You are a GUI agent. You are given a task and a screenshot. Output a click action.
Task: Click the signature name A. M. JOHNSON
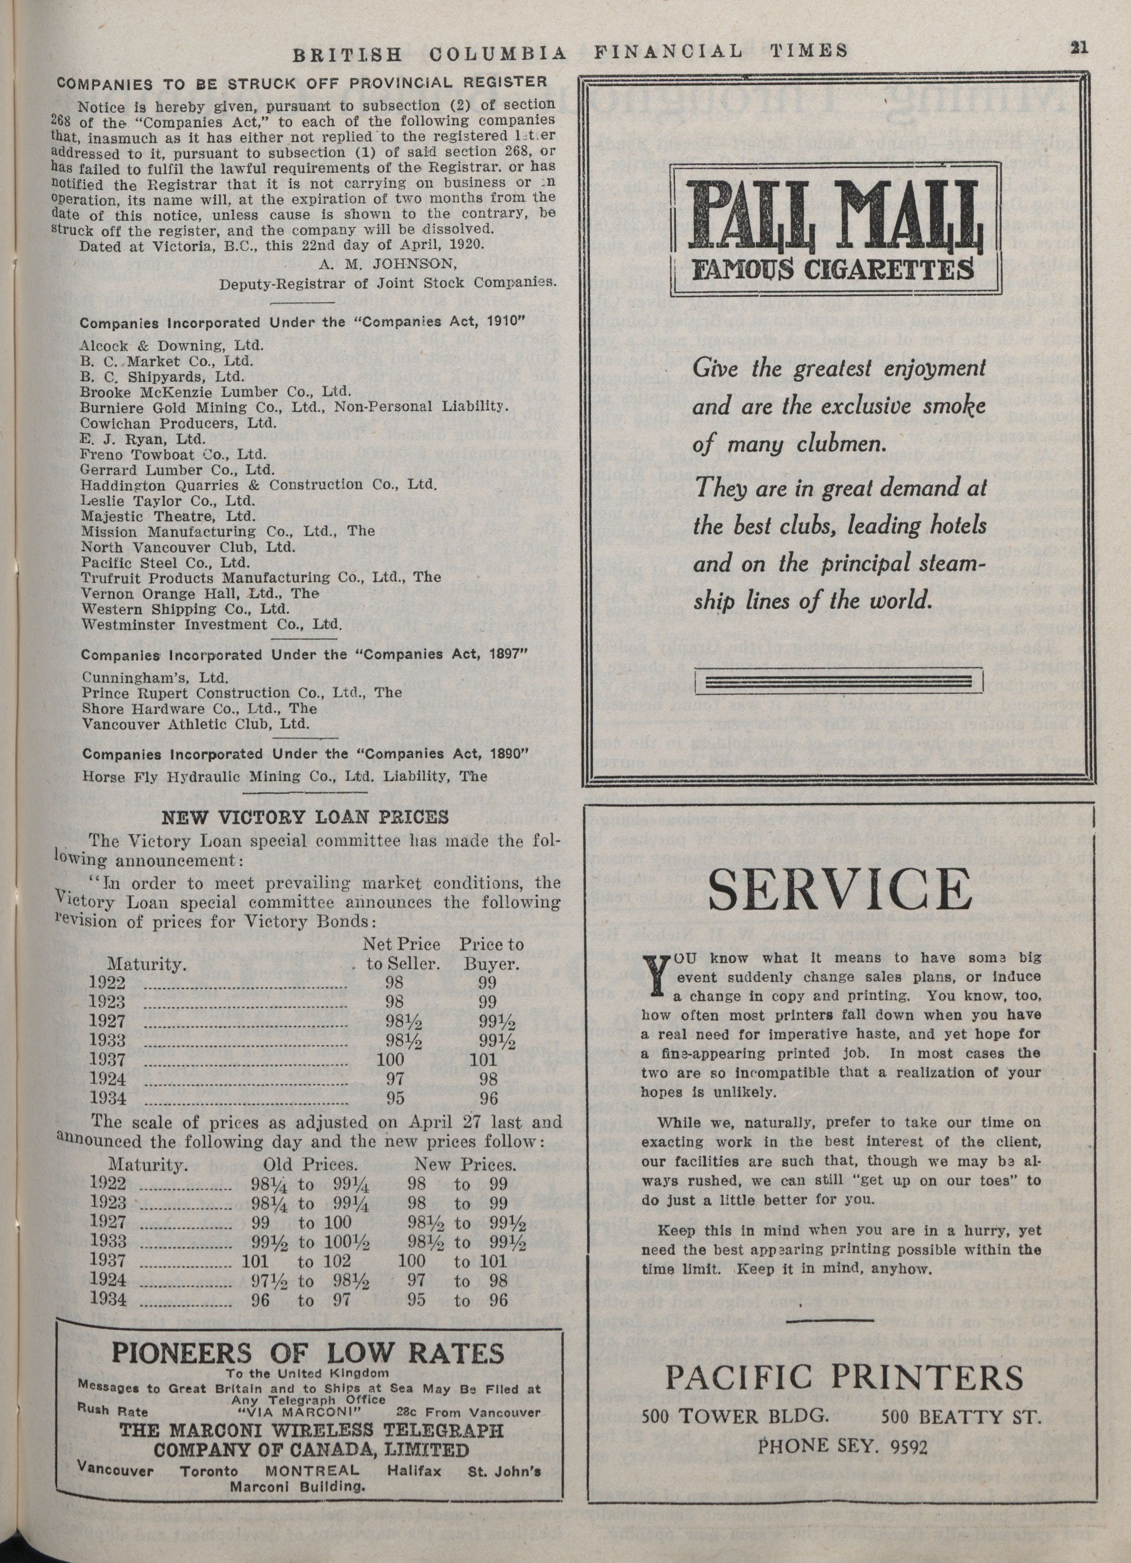(384, 268)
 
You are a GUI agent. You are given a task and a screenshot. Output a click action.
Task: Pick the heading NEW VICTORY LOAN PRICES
(304, 818)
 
